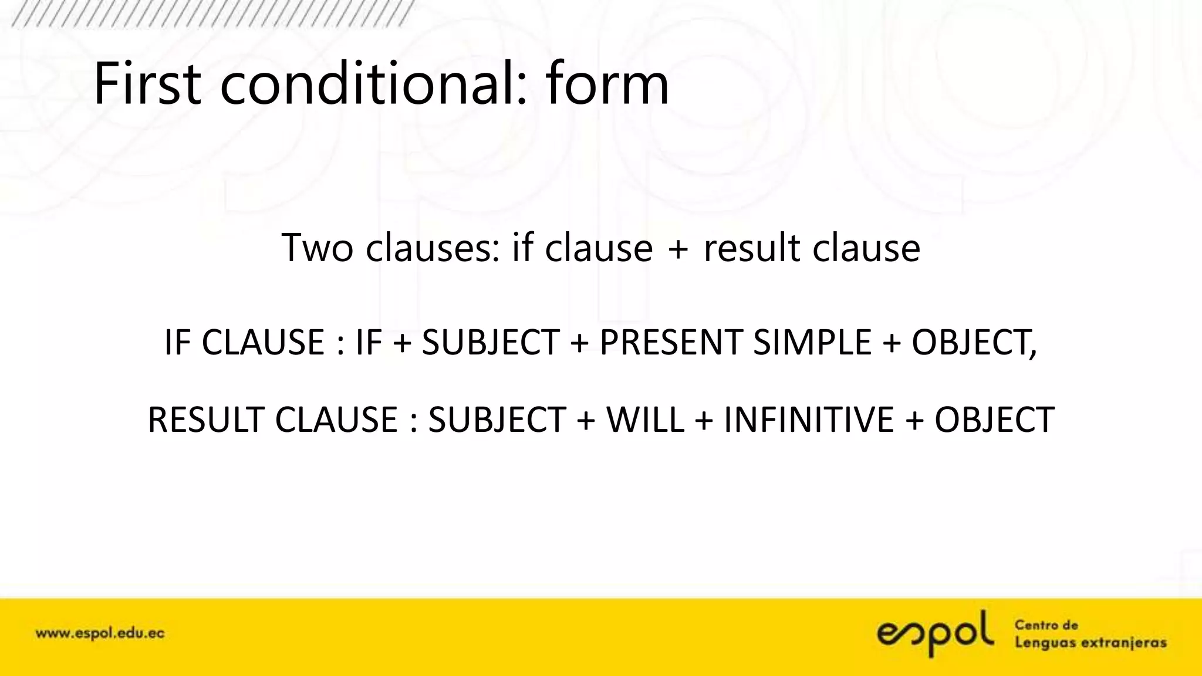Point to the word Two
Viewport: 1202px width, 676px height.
[317, 248]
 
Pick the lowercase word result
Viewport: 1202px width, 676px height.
[752, 248]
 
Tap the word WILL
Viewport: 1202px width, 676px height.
[645, 420]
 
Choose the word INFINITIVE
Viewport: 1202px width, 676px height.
[808, 420]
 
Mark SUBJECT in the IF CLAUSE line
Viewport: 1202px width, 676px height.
[490, 343]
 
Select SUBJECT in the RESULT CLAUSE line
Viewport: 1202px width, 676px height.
[497, 420]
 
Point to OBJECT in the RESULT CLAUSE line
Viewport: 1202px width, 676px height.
[994, 420]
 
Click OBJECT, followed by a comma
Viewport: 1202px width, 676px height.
[974, 343]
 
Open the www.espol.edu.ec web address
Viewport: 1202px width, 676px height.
[100, 634]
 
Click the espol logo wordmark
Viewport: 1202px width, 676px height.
[935, 633]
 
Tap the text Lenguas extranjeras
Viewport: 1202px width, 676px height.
[1090, 643]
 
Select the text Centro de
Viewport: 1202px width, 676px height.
[1046, 625]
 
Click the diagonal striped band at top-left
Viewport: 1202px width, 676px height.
[211, 13]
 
